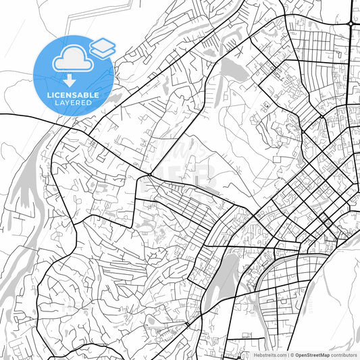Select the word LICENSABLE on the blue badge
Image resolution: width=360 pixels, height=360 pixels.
click(x=73, y=95)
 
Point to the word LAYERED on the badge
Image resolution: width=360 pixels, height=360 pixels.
click(x=73, y=104)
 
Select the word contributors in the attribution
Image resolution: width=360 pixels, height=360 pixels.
click(x=344, y=355)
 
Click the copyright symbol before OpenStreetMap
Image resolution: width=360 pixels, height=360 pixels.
click(x=291, y=355)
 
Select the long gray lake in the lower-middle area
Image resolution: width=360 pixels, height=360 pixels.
click(x=222, y=278)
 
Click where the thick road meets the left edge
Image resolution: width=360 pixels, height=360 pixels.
click(x=1, y=115)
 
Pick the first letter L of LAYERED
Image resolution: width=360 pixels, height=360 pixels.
click(x=55, y=104)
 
